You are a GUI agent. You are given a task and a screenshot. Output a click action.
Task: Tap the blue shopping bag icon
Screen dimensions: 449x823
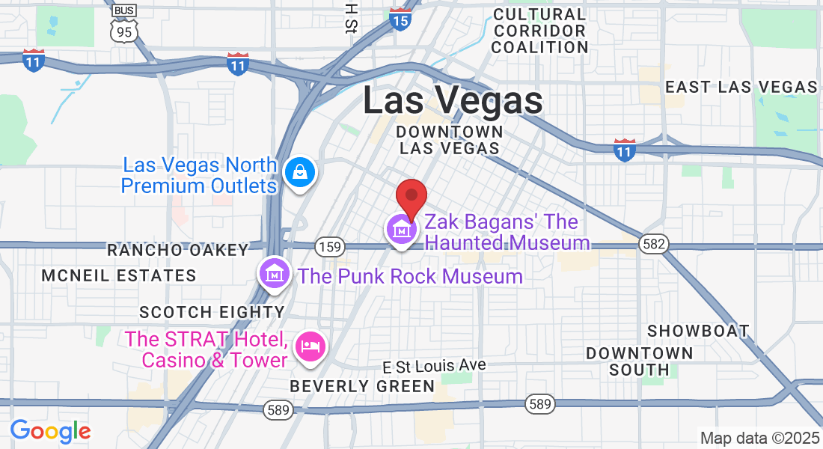(x=299, y=173)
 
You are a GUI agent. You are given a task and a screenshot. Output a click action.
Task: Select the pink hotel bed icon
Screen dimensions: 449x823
(x=310, y=346)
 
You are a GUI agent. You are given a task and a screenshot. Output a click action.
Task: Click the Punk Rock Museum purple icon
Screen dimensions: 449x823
(x=275, y=274)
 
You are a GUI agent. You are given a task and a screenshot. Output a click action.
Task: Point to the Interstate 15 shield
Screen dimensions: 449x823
(x=400, y=19)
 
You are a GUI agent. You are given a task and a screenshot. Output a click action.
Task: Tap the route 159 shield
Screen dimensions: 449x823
(x=329, y=246)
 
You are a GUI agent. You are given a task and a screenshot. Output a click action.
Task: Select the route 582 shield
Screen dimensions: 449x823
(x=652, y=244)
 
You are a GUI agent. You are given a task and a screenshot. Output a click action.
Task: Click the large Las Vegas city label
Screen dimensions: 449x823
(x=453, y=100)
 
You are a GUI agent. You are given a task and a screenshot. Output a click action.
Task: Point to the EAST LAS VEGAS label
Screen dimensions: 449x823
(x=741, y=87)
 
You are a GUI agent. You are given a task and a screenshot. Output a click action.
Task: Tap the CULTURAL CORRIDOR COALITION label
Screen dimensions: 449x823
(x=540, y=31)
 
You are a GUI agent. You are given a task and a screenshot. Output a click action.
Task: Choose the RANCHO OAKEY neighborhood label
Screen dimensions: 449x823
(x=177, y=250)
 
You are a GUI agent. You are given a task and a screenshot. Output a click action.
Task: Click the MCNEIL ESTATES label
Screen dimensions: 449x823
(x=119, y=275)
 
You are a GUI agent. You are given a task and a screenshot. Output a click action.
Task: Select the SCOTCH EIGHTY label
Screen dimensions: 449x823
(x=212, y=311)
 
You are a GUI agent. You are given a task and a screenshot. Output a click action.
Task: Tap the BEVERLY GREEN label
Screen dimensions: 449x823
(x=362, y=386)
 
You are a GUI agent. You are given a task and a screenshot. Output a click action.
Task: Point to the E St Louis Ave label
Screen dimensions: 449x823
(x=434, y=366)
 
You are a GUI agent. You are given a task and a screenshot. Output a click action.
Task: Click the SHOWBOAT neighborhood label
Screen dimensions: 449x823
(x=698, y=331)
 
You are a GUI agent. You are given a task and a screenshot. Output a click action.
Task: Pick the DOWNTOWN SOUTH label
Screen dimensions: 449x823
(x=639, y=361)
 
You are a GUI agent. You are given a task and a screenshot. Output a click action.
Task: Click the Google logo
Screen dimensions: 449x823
(x=51, y=431)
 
